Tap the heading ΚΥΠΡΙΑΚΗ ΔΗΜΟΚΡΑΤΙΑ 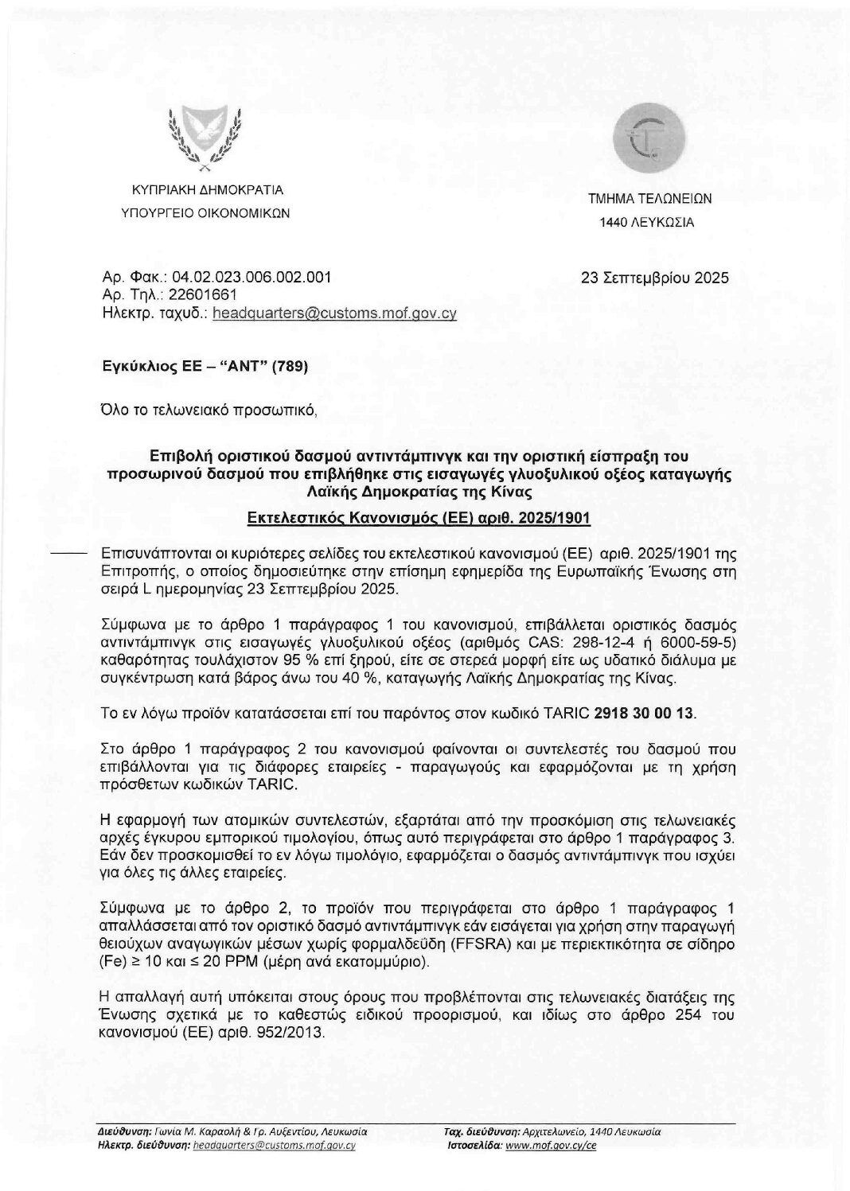207,191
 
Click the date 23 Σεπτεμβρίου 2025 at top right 655,278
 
